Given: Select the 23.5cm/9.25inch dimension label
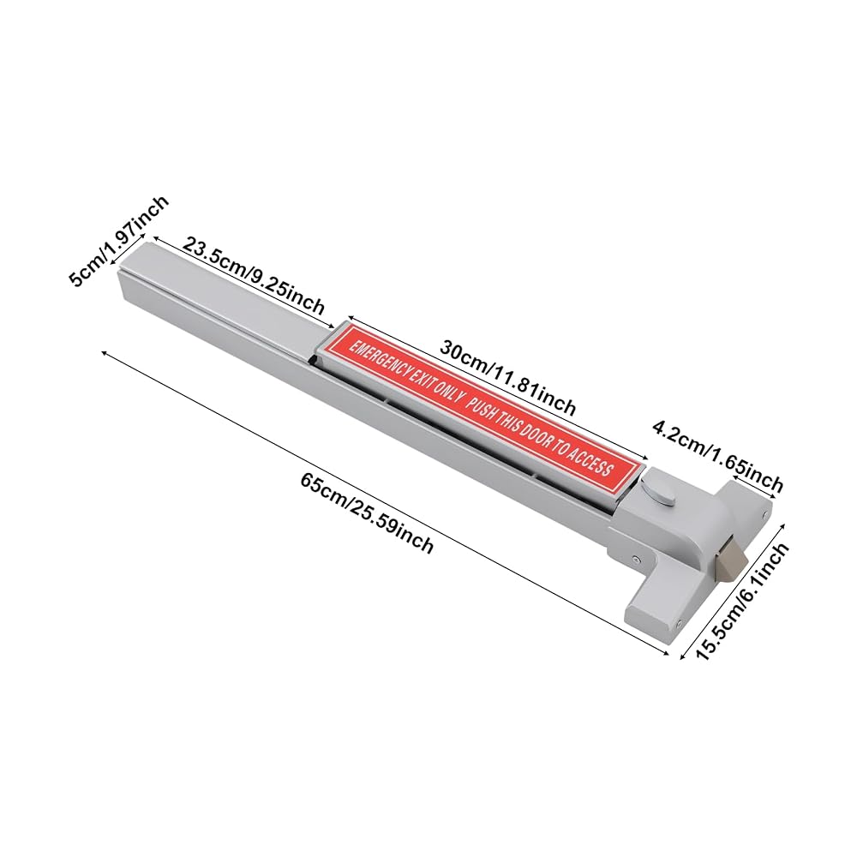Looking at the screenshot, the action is tap(253, 275).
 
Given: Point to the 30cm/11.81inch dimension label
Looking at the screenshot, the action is tap(507, 377).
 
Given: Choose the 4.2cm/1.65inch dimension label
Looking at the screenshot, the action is tap(717, 456).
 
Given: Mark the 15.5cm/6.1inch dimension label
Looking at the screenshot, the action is tap(743, 602).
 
